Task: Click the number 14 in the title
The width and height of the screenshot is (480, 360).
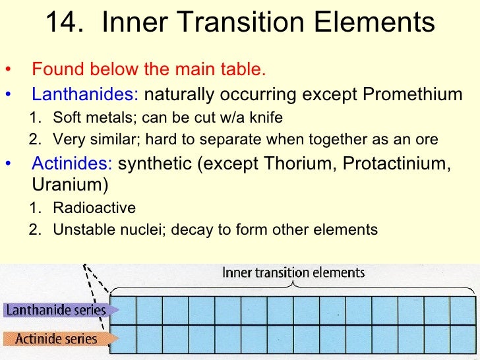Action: point(61,23)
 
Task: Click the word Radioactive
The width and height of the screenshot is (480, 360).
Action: point(94,208)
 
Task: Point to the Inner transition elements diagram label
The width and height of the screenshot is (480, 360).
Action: point(293,272)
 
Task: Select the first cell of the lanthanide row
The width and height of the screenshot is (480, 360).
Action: point(124,310)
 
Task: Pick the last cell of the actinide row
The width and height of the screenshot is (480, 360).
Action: point(462,340)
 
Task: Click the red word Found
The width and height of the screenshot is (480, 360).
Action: point(52,69)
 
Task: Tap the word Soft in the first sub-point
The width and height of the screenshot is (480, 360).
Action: point(67,118)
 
